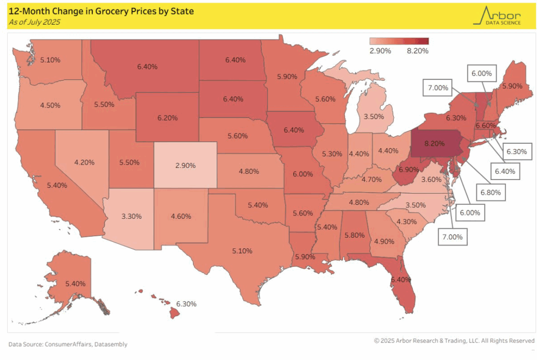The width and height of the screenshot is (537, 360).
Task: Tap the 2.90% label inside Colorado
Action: (x=185, y=165)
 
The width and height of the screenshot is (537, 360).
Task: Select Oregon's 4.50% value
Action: (x=50, y=105)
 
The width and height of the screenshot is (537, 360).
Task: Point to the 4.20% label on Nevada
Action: (x=84, y=162)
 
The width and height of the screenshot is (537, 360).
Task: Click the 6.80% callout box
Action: (x=489, y=193)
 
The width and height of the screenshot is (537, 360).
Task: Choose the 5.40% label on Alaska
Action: (x=75, y=283)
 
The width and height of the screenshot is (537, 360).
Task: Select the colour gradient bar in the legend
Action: (x=399, y=41)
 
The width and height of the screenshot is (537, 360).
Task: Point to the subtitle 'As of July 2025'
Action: (x=35, y=22)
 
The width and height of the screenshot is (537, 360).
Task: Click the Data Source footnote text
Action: (x=68, y=344)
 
